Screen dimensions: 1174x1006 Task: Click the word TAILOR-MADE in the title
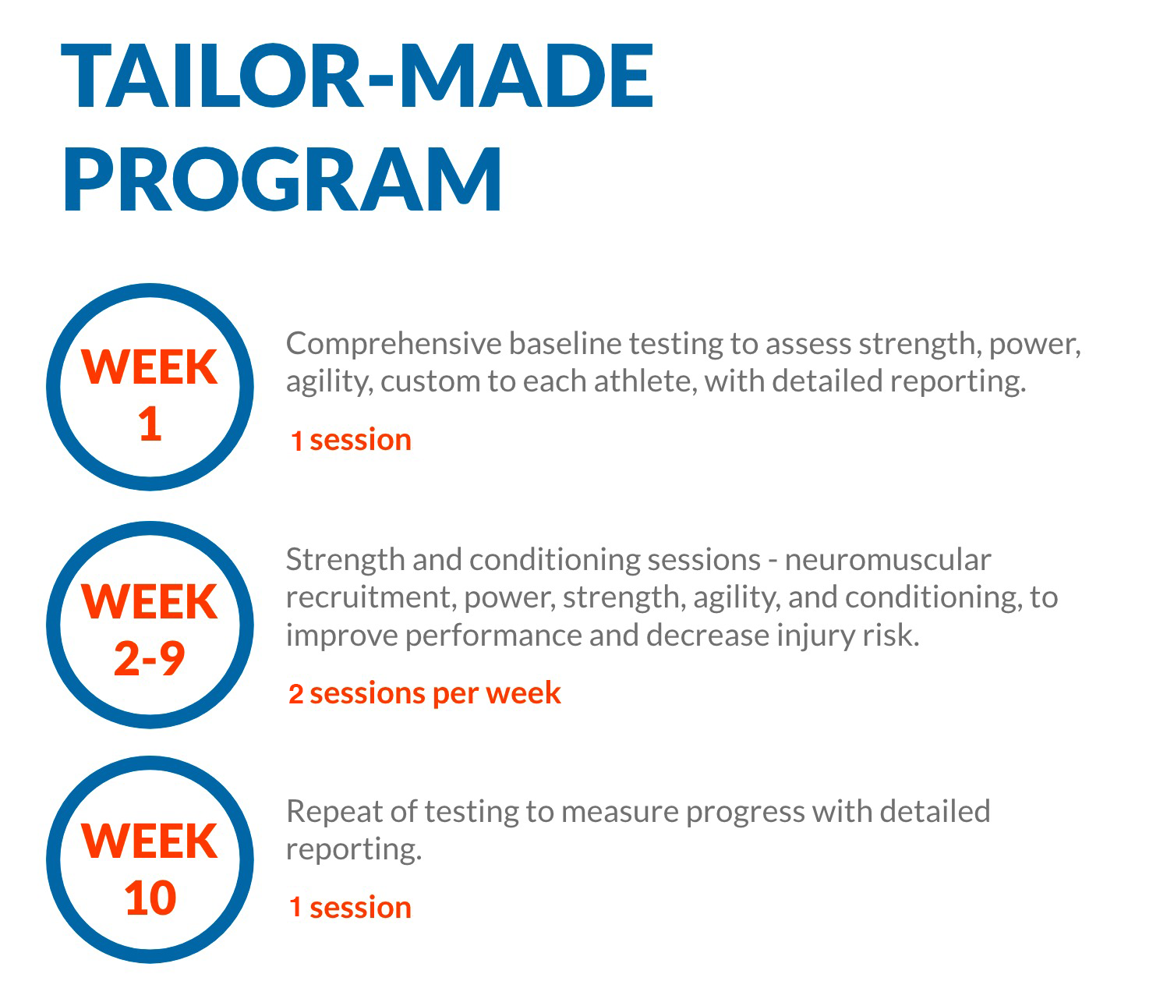point(358,76)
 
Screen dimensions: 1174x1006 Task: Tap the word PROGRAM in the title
point(282,179)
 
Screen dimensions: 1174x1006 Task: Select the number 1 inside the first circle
point(150,424)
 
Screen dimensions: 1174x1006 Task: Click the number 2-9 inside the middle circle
point(150,658)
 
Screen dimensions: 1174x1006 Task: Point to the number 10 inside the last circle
point(150,898)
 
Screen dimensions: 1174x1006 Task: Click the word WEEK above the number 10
point(150,841)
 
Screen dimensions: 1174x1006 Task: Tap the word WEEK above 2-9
point(150,602)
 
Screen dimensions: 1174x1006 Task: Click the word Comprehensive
point(394,345)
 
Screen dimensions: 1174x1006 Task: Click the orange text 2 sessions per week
point(424,694)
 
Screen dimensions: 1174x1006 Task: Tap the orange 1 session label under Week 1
point(351,441)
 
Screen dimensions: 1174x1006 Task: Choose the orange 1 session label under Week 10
point(351,908)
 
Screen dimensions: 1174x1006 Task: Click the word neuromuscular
point(888,561)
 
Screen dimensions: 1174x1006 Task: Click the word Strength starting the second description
point(345,561)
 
